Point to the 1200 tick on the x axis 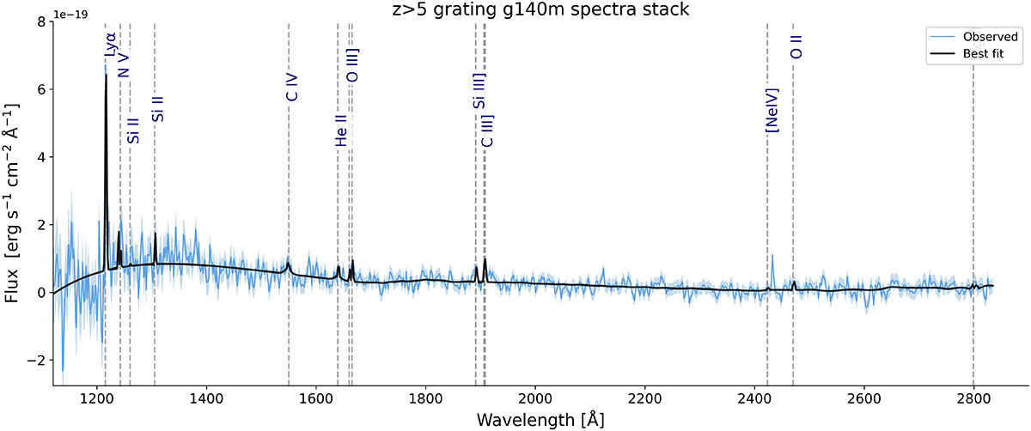click(x=96, y=398)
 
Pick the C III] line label click(x=487, y=131)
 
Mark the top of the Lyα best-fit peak click(x=106, y=75)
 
